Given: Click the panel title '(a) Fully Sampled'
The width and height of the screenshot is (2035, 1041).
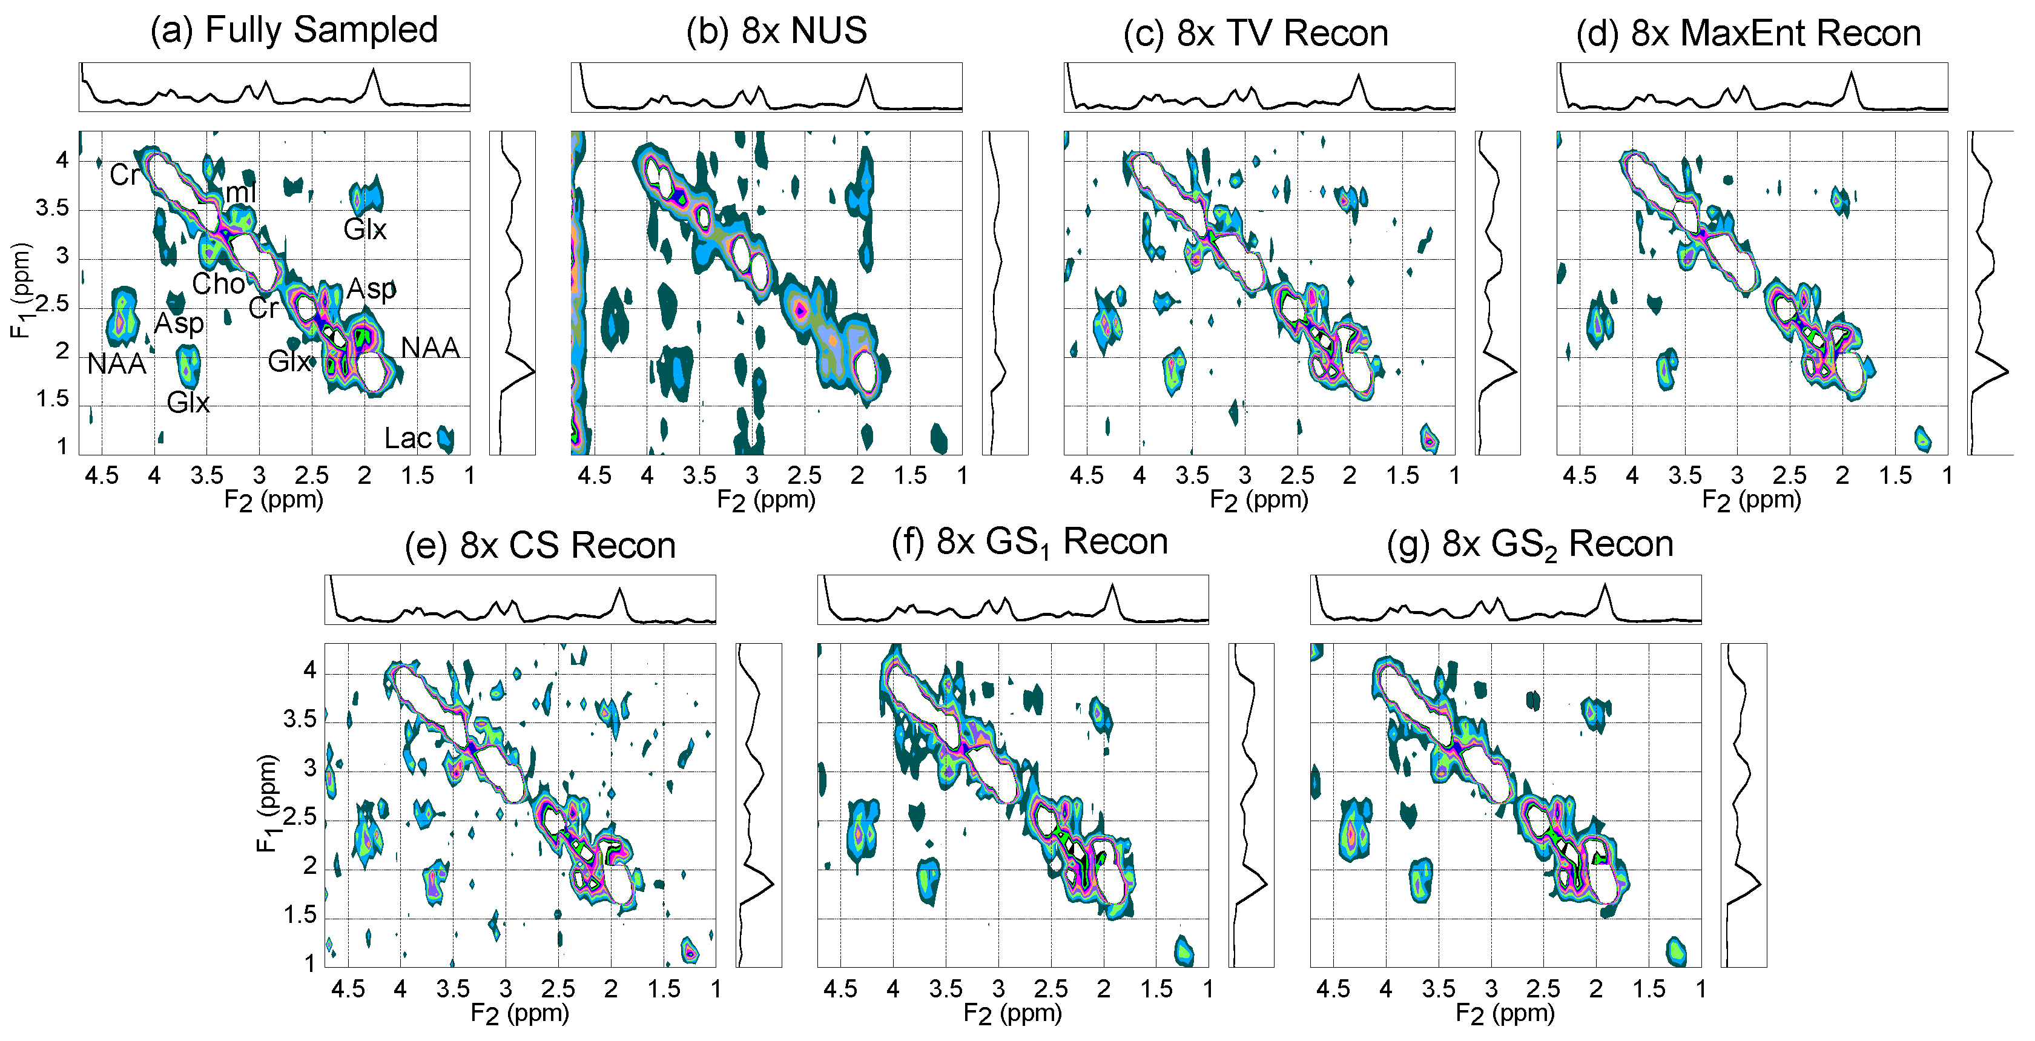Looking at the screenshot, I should tap(294, 30).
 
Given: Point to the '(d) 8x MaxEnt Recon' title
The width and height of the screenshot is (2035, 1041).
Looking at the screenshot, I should tap(1747, 33).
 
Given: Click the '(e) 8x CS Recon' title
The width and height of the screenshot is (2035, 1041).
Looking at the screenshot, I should tap(539, 546).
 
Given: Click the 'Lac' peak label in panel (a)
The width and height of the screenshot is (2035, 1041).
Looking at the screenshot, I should tap(407, 438).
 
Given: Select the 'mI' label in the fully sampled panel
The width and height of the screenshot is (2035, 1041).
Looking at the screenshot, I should tap(241, 192).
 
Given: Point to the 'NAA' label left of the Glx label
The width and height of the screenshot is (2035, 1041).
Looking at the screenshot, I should tap(116, 364).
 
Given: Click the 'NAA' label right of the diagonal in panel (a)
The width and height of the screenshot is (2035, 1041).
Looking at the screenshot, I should tap(430, 348).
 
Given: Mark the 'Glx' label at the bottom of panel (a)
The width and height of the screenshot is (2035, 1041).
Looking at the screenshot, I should tap(188, 403).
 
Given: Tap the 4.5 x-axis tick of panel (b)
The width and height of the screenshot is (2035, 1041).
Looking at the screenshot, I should tap(594, 475).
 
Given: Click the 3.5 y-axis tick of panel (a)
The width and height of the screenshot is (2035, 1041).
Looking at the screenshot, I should tap(52, 208).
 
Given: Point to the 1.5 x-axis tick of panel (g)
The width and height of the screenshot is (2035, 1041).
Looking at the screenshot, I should tap(1648, 989).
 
